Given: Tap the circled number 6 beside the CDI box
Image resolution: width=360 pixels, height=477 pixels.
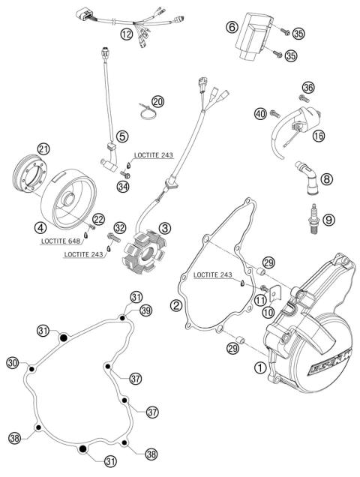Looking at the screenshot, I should point(232,27).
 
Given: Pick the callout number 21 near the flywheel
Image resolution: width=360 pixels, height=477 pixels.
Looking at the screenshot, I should point(43,149).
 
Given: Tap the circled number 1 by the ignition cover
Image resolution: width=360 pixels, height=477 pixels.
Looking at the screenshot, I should point(260,367).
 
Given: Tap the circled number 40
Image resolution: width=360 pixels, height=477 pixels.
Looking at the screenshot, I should point(260,114).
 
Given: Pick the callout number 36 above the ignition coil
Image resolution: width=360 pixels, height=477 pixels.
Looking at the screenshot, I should point(307,88).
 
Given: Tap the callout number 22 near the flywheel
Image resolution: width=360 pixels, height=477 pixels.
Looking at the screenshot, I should point(97,217).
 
